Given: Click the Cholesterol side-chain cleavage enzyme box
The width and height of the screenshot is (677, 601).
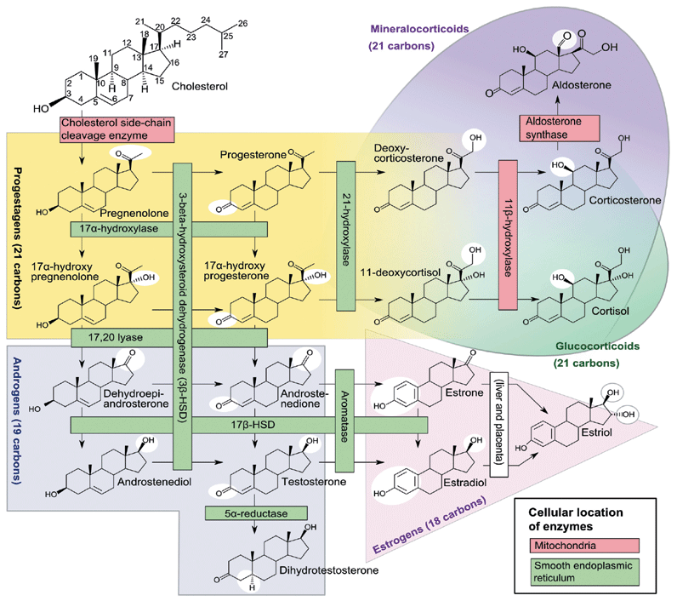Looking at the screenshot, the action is pyautogui.click(x=117, y=129).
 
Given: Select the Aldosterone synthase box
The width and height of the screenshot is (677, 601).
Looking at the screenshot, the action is pyautogui.click(x=559, y=128).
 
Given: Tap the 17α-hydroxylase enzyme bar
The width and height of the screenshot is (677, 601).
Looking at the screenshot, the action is pyautogui.click(x=168, y=229).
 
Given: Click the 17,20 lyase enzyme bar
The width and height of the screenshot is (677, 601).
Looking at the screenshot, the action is pyautogui.click(x=168, y=337).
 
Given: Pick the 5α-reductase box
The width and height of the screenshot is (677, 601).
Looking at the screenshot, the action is pyautogui.click(x=256, y=513).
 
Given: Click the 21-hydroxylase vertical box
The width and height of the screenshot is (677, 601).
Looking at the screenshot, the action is pyautogui.click(x=346, y=236).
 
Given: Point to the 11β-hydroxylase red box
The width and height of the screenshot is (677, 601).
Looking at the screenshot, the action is pyautogui.click(x=508, y=235).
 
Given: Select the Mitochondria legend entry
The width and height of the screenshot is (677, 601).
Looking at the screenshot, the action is pyautogui.click(x=584, y=546).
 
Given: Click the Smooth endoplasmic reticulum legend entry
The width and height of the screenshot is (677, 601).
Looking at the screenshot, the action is pyautogui.click(x=584, y=571).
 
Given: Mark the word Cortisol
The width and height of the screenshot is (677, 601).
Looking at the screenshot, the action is pyautogui.click(x=610, y=311).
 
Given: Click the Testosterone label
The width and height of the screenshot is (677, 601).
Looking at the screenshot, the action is pyautogui.click(x=314, y=482).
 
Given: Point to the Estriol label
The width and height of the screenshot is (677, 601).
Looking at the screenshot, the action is pyautogui.click(x=597, y=432).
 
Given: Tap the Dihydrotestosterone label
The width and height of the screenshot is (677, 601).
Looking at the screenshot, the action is pyautogui.click(x=328, y=570).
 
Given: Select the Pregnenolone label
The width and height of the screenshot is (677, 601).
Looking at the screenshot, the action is pyautogui.click(x=134, y=214).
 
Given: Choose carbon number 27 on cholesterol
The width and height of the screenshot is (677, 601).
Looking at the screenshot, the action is pyautogui.click(x=223, y=54).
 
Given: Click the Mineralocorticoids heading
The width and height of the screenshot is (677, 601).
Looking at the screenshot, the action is pyautogui.click(x=419, y=29).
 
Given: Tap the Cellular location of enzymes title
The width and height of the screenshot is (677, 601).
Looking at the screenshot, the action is pyautogui.click(x=576, y=519).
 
